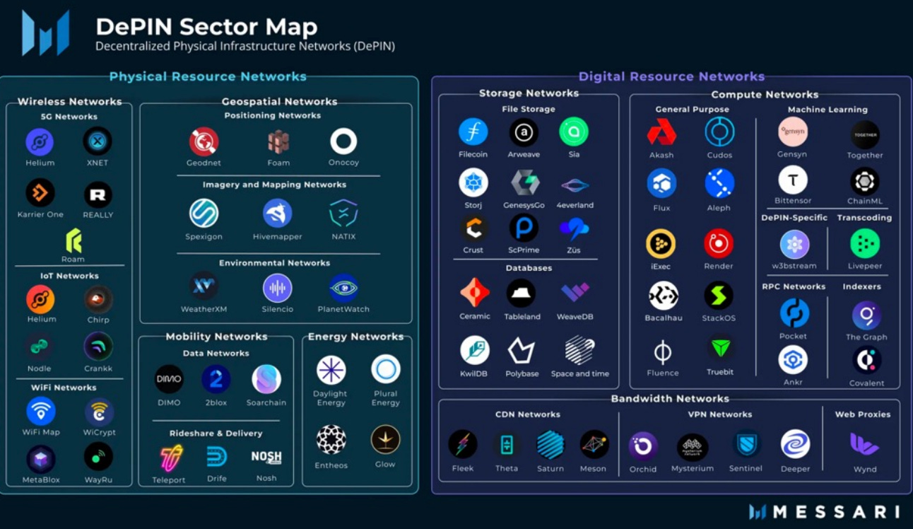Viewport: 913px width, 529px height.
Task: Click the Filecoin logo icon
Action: pyautogui.click(x=473, y=132)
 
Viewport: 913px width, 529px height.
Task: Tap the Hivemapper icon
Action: pyautogui.click(x=277, y=213)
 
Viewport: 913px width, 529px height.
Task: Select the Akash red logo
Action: pyautogui.click(x=661, y=132)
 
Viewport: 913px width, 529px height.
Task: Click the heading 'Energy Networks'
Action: pyautogui.click(x=355, y=337)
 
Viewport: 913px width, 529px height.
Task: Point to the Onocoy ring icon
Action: pyautogui.click(x=343, y=141)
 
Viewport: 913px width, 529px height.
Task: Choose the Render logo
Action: pyautogui.click(x=719, y=243)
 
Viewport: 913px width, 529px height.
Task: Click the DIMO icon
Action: pyautogui.click(x=169, y=379)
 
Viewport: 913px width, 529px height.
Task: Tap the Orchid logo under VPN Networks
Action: pyautogui.click(x=643, y=446)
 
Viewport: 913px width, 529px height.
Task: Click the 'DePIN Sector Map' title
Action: pyautogui.click(x=206, y=27)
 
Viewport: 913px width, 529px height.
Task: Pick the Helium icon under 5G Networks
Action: pyautogui.click(x=40, y=141)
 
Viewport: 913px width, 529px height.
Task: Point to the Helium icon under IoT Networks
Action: pyautogui.click(x=40, y=299)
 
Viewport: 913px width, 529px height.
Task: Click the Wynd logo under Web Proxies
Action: pyautogui.click(x=864, y=445)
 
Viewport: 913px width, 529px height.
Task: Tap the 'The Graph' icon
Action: pyautogui.click(x=866, y=315)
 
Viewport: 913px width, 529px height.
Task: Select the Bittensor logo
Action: pyautogui.click(x=793, y=180)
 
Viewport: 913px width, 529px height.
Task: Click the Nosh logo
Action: pyautogui.click(x=266, y=458)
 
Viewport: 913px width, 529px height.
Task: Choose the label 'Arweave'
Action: pyautogui.click(x=524, y=154)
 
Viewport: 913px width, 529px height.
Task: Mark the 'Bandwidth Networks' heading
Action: pyautogui.click(x=670, y=399)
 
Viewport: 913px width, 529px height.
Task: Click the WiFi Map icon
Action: pyautogui.click(x=41, y=411)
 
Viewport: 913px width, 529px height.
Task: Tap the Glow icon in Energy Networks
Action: pyautogui.click(x=385, y=440)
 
